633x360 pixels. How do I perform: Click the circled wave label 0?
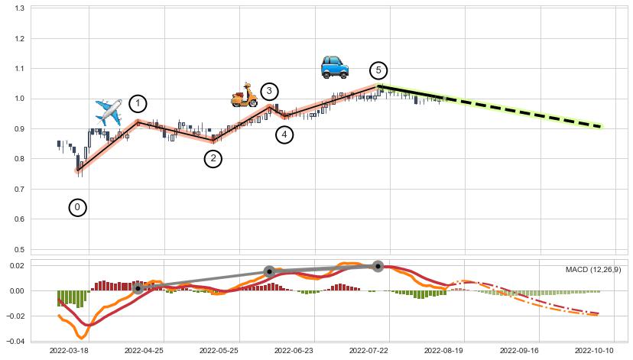point(77,207)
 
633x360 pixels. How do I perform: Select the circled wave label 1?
point(138,104)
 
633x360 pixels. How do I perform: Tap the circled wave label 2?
point(213,159)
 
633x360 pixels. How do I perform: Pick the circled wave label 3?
point(269,92)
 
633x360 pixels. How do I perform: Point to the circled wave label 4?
point(284,135)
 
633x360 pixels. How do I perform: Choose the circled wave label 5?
point(378,70)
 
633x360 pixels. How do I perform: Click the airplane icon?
point(109,112)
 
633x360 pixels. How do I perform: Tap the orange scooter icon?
point(245,96)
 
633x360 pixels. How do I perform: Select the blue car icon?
point(334,67)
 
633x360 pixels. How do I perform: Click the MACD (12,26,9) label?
point(593,270)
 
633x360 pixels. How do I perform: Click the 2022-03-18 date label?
point(70,350)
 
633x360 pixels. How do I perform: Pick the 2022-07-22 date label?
point(370,350)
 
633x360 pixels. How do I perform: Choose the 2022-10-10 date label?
point(595,350)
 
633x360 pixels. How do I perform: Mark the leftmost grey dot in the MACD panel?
point(138,288)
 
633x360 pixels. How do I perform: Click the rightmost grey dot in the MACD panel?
point(378,266)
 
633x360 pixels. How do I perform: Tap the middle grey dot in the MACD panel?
point(269,271)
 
